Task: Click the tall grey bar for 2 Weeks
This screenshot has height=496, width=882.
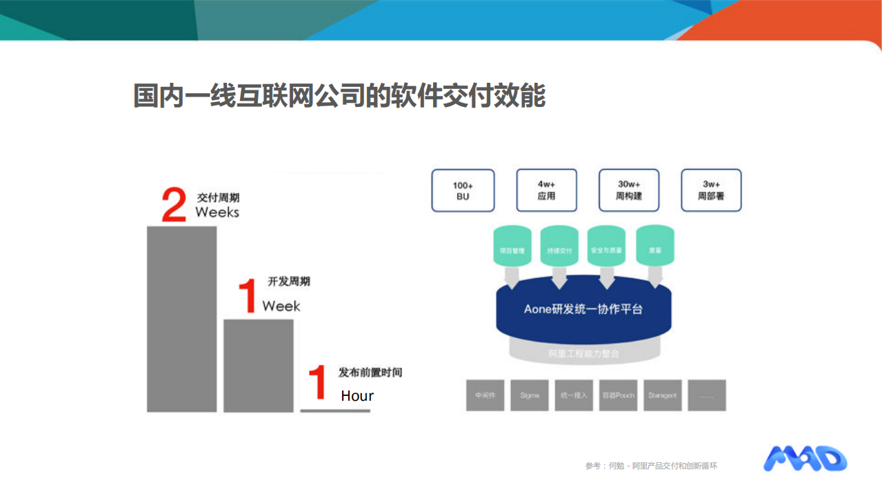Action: click(181, 319)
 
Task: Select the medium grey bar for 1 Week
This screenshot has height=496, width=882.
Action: click(259, 366)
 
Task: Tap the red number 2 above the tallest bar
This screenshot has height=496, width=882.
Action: click(174, 205)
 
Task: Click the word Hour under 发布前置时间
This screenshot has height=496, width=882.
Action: click(357, 396)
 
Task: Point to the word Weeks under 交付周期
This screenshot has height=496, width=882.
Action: click(217, 212)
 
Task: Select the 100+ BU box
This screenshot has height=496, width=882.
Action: click(463, 190)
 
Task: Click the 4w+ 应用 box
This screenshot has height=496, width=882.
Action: click(546, 190)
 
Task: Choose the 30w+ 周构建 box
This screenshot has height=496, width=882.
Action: click(628, 190)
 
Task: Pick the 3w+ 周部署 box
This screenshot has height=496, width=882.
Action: click(711, 190)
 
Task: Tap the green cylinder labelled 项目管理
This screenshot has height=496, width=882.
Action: click(512, 246)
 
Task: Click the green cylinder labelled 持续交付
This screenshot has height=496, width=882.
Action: click(559, 246)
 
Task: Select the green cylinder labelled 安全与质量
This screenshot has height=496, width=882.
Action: click(607, 246)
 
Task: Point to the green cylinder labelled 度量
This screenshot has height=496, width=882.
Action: click(654, 246)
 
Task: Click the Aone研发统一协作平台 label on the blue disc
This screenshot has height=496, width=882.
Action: click(583, 309)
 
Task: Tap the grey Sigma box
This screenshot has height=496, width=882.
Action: click(530, 395)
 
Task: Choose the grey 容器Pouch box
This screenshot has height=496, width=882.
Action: click(618, 395)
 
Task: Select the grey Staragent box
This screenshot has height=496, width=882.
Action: click(662, 395)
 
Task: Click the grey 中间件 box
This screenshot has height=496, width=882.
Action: click(485, 395)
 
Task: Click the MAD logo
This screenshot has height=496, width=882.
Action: click(805, 459)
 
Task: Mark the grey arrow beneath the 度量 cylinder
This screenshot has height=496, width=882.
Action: click(654, 277)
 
